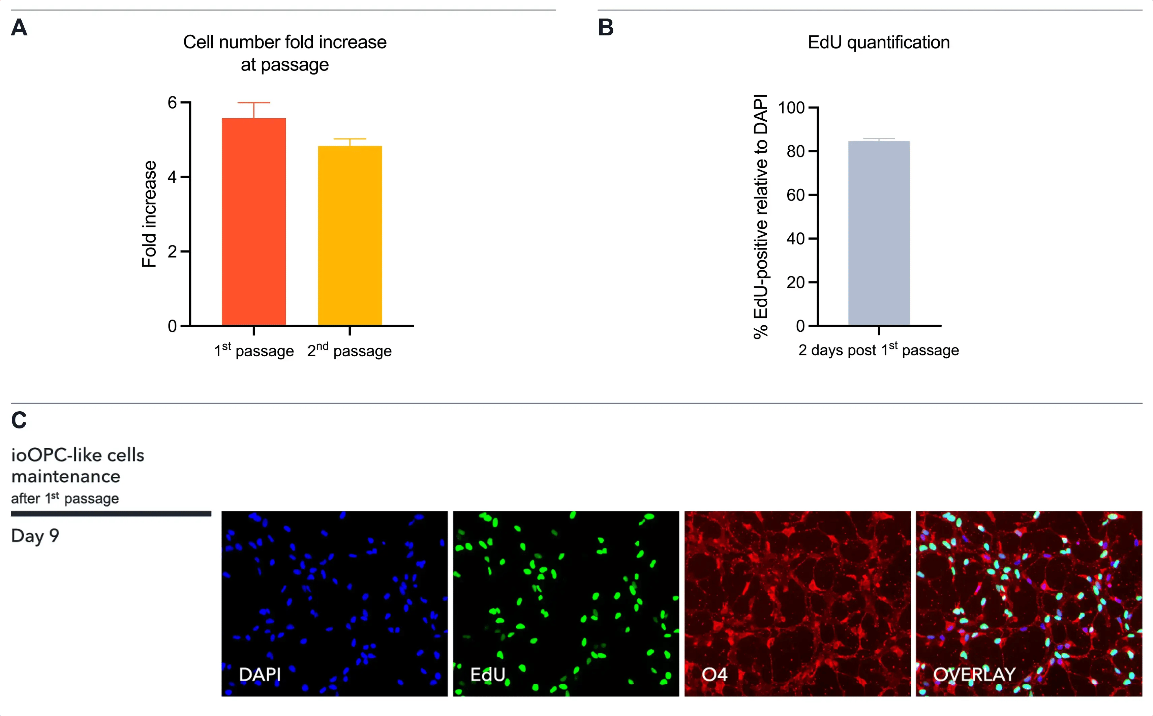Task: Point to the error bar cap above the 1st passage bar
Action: coord(254,103)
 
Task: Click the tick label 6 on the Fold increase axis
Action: coord(172,103)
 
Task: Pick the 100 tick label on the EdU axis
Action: coord(791,108)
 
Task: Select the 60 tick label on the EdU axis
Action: coord(796,195)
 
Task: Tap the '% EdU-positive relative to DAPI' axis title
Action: coord(761,216)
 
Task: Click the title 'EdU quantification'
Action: coord(878,42)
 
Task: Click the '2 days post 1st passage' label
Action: coord(878,350)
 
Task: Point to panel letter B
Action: coord(606,27)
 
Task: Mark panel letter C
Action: coord(19,420)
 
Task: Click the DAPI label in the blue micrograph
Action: coord(260,674)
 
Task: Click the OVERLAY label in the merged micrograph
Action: coord(974,674)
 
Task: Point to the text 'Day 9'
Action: coord(35,536)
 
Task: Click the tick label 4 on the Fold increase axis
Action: coord(172,177)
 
